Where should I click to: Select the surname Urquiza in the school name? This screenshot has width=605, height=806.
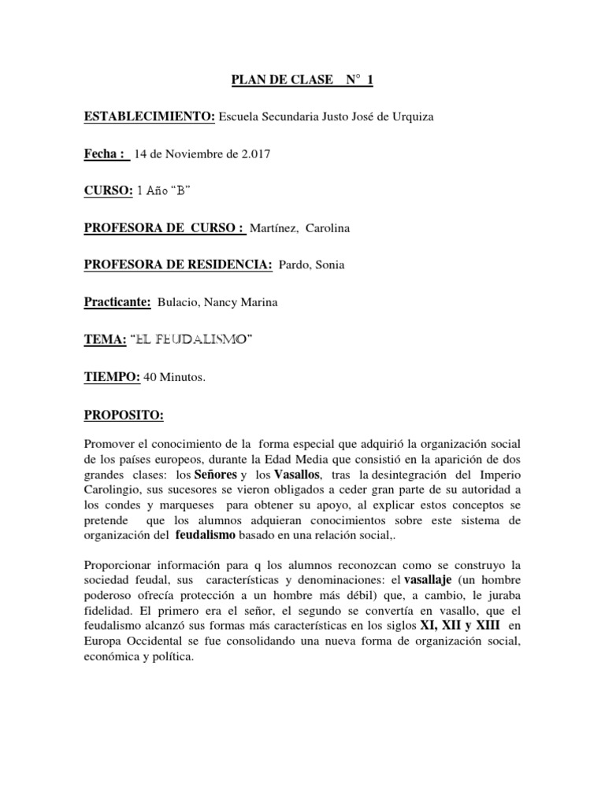coord(408,117)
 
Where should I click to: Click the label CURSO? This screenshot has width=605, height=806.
coord(108,192)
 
